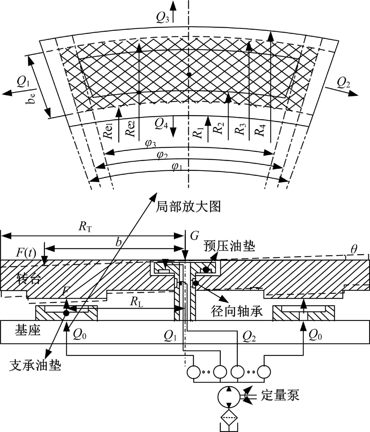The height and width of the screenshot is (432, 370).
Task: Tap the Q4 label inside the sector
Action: tap(161, 123)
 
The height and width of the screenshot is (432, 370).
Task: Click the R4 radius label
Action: tap(258, 130)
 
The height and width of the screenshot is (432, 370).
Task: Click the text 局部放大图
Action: tap(188, 206)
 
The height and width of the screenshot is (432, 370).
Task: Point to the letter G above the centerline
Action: tap(195, 236)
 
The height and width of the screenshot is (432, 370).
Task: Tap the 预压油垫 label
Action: tap(229, 247)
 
